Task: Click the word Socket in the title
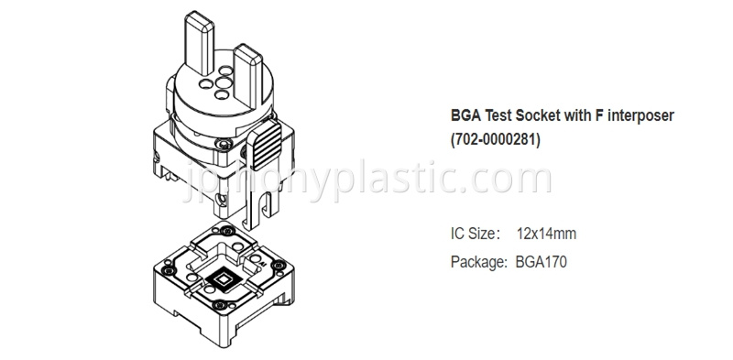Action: point(538,115)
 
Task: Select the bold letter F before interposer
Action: point(600,115)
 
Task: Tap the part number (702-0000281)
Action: point(496,140)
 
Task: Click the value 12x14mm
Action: point(546,234)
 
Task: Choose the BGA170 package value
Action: point(541,262)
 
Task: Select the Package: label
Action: point(478,262)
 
